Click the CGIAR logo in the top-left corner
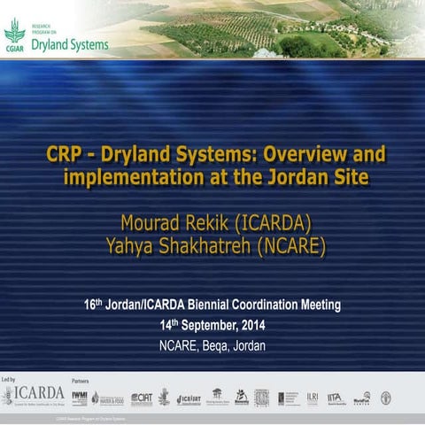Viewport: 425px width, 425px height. pyautogui.click(x=15, y=35)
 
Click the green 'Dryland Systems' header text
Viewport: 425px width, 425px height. pyautogui.click(x=70, y=43)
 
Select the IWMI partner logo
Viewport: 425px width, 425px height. pyautogui.click(x=80, y=397)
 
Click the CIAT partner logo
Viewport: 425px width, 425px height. pyautogui.click(x=142, y=398)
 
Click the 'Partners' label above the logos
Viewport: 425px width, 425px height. pyautogui.click(x=81, y=377)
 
